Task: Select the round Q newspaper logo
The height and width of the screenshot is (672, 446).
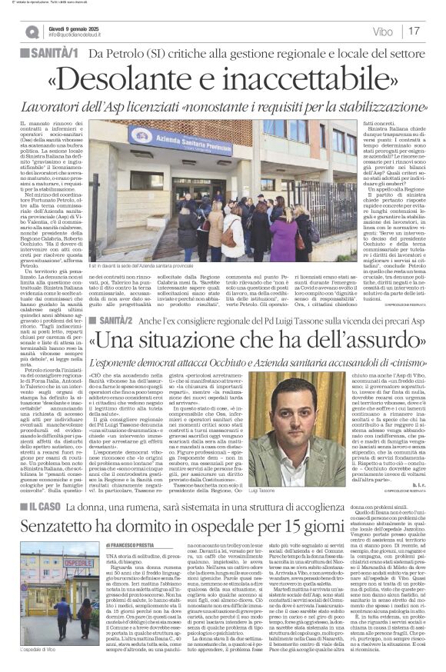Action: [x=32, y=32]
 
